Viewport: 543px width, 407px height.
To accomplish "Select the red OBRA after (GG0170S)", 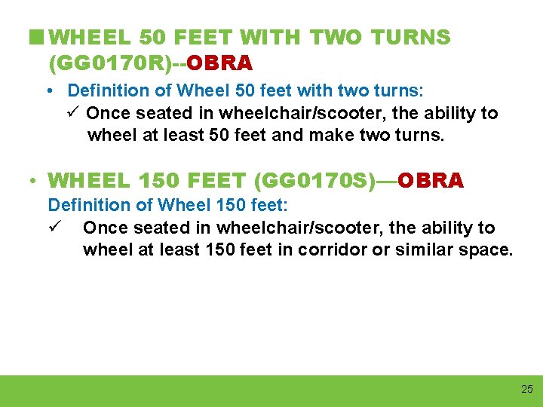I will pyautogui.click(x=431, y=181).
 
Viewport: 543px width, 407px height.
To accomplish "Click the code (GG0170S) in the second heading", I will pyautogui.click(x=320, y=181).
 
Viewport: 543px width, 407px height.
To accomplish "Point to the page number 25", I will pyautogui.click(x=526, y=389).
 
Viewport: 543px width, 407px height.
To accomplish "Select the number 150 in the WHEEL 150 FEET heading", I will pyautogui.click(x=158, y=181).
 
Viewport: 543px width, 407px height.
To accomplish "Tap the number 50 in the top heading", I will pyautogui.click(x=150, y=37).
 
